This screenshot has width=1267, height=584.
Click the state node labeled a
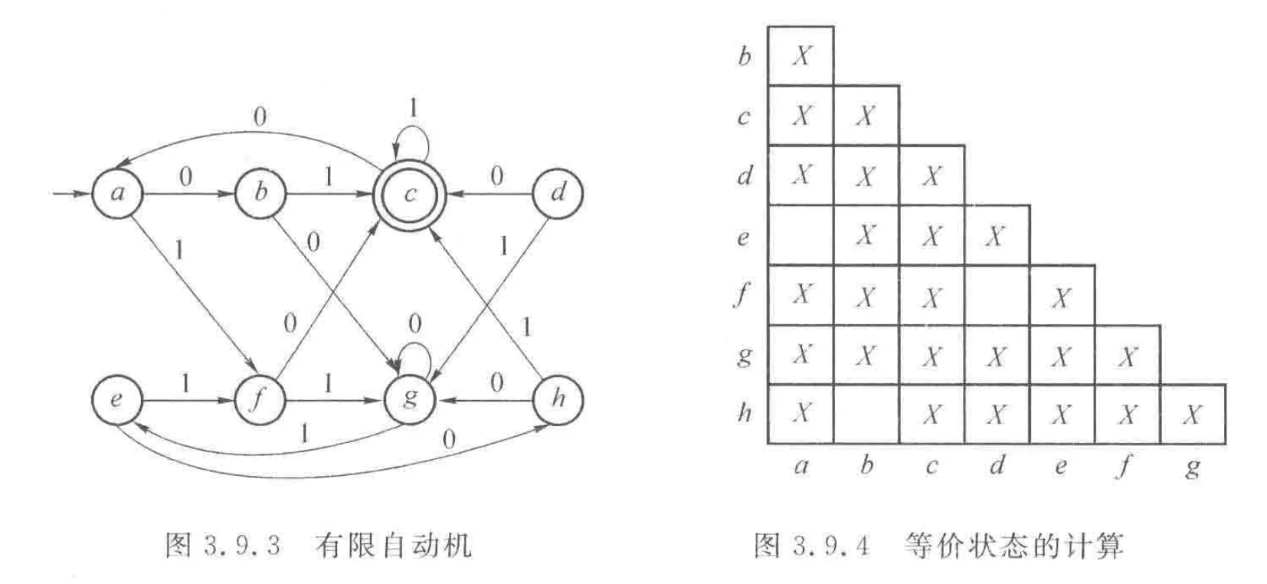tap(117, 192)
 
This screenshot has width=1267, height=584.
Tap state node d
tap(557, 192)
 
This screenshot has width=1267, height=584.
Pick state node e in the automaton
tap(116, 399)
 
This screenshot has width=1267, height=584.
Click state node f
tap(260, 399)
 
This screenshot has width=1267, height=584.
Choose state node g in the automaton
tap(410, 399)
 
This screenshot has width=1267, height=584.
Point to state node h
tap(557, 399)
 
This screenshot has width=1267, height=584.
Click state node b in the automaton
tap(260, 192)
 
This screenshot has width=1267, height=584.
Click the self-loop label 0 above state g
tap(414, 324)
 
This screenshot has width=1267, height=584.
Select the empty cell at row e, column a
tap(801, 235)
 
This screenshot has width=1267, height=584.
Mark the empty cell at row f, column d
tap(997, 295)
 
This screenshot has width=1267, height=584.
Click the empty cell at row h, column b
tap(866, 415)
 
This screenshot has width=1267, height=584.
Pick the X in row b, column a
tap(801, 56)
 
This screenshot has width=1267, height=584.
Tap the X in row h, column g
tap(1192, 415)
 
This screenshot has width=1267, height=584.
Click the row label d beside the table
tap(744, 176)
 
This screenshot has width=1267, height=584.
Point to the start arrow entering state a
tap(71, 192)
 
